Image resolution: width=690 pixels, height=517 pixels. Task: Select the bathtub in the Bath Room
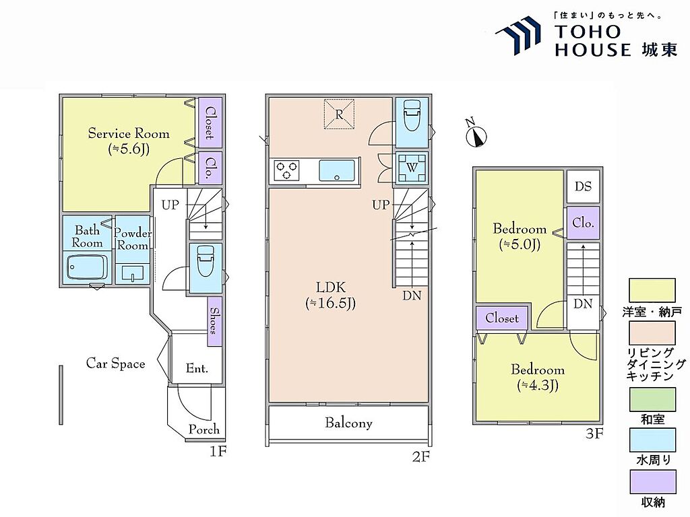click(x=87, y=267)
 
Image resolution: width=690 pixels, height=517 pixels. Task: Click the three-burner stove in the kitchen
click(x=287, y=170)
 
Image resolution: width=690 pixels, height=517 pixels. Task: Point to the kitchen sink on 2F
click(x=337, y=170)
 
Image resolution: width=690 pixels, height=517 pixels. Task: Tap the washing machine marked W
click(x=412, y=168)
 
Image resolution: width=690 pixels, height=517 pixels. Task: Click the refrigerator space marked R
click(x=340, y=114)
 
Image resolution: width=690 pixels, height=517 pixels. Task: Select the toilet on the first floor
click(x=206, y=261)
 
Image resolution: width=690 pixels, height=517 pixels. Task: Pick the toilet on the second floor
click(x=412, y=115)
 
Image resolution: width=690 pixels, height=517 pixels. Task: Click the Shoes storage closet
click(x=214, y=321)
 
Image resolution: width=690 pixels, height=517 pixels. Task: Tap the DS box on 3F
click(x=583, y=186)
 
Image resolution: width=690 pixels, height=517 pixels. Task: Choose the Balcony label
click(x=348, y=423)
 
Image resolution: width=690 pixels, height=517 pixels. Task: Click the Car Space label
click(x=115, y=364)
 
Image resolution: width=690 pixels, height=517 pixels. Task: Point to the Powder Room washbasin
click(x=133, y=273)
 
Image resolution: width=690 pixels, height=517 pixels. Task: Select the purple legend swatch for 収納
click(x=652, y=482)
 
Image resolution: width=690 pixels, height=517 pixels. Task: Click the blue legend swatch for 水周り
click(x=652, y=440)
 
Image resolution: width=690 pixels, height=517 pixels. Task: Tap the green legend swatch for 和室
click(x=652, y=399)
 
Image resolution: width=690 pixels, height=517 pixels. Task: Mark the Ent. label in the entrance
click(x=197, y=368)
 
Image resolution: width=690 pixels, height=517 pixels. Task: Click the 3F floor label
click(x=594, y=434)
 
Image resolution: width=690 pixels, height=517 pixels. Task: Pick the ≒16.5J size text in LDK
click(x=330, y=304)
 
